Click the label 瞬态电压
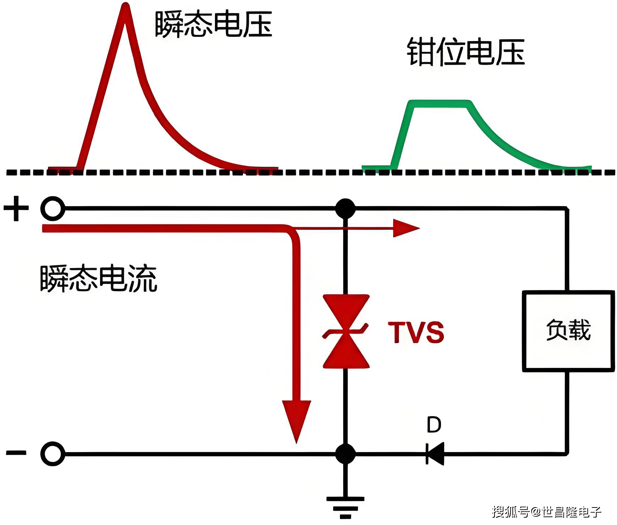pos(214,24)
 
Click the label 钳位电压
pos(466,52)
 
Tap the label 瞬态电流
pos(99,279)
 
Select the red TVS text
pos(416,332)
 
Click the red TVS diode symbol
pos(346,331)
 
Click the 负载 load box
pos(568,331)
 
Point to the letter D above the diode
pos(434,425)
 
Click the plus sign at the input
pos(16,208)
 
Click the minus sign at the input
pos(16,453)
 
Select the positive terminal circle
pos(53,208)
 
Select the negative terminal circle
pos(53,454)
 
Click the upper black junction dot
pos(345,208)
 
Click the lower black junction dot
pos(345,454)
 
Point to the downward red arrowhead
pos(296,420)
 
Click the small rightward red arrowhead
pos(405,228)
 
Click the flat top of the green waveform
pos(440,104)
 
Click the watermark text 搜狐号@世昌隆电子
pos(546,512)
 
